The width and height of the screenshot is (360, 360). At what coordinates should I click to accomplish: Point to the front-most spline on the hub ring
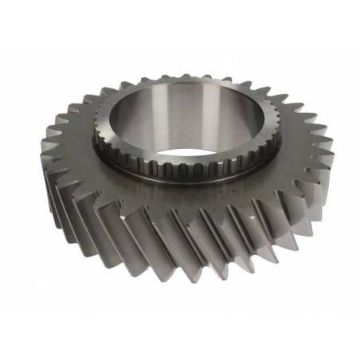click(x=180, y=168)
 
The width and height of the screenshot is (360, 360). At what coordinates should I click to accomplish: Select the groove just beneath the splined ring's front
click(x=179, y=177)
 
